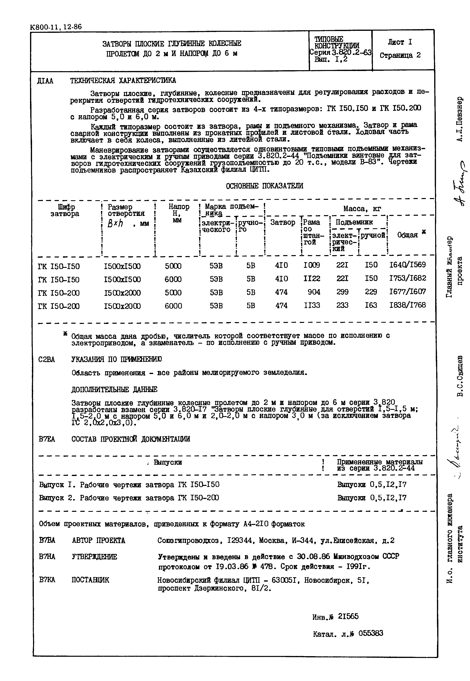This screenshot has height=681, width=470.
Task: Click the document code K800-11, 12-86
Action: tap(56, 27)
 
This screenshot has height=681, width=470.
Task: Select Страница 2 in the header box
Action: tap(400, 55)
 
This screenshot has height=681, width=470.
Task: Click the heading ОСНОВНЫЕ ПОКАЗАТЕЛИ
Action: tap(264, 186)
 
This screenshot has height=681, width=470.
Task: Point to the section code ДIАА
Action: tap(45, 81)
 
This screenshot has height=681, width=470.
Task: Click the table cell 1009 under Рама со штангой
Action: tap(312, 265)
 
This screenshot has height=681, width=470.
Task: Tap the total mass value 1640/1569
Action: tap(407, 265)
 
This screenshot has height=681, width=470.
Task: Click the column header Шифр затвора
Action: tap(65, 210)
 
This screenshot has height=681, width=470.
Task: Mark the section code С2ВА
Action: tap(47, 360)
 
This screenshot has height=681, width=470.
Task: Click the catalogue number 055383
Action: tap(371, 633)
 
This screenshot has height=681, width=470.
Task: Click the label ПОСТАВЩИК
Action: tap(90, 580)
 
